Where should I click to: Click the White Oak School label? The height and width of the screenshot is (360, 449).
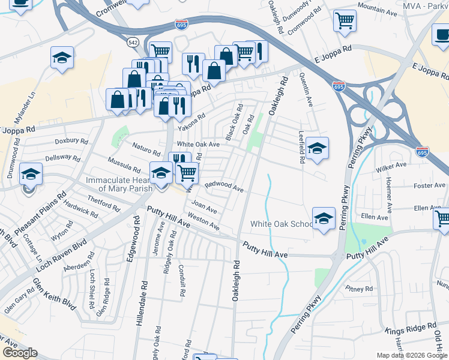pos(281,224)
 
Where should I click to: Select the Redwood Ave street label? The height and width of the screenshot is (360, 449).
pos(224,187)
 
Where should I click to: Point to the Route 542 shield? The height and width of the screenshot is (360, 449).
pos(133,42)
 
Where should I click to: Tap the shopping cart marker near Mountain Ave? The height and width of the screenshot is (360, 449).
pos(345,21)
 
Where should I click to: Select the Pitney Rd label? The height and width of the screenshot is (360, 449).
pos(360,289)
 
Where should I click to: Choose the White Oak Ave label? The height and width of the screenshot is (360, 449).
pos(198,145)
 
